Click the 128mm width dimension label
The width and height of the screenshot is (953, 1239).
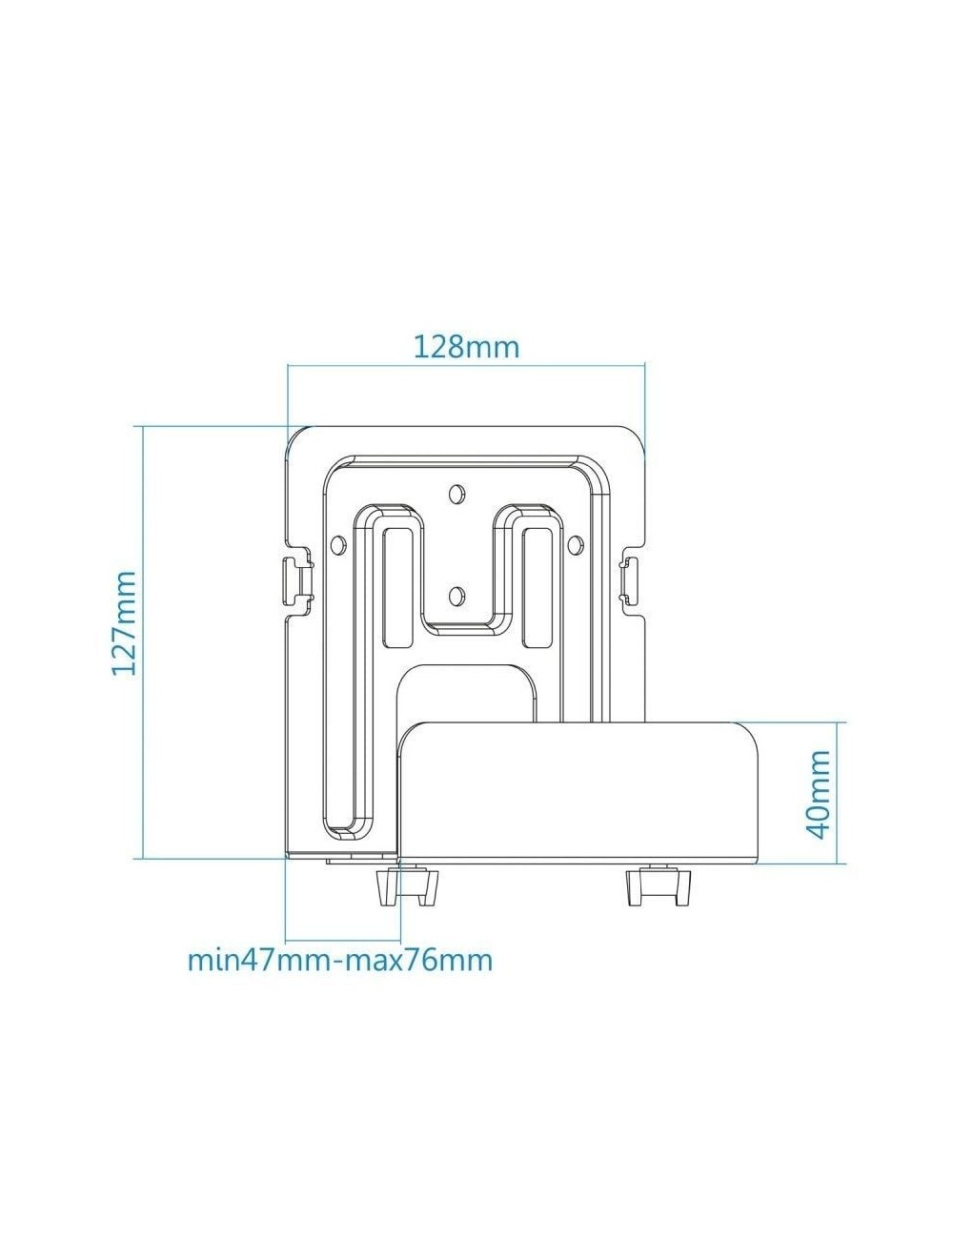[x=466, y=347]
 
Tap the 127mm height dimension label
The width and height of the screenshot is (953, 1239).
[x=124, y=622]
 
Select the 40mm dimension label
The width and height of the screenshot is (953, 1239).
[x=819, y=794]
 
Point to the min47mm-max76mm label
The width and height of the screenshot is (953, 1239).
[x=340, y=960]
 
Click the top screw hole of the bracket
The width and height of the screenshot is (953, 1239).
[x=455, y=493]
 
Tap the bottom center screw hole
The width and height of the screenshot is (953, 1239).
[x=455, y=596]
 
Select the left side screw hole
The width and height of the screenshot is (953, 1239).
[x=338, y=544]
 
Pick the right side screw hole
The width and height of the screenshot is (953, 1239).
[x=576, y=544]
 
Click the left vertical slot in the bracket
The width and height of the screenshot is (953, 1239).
[x=397, y=588]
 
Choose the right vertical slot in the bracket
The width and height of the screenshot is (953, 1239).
[x=536, y=588]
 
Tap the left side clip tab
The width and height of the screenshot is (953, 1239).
[x=298, y=581]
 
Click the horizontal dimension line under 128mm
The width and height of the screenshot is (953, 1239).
[x=466, y=365]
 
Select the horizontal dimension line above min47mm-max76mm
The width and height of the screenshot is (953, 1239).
[x=343, y=940]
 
